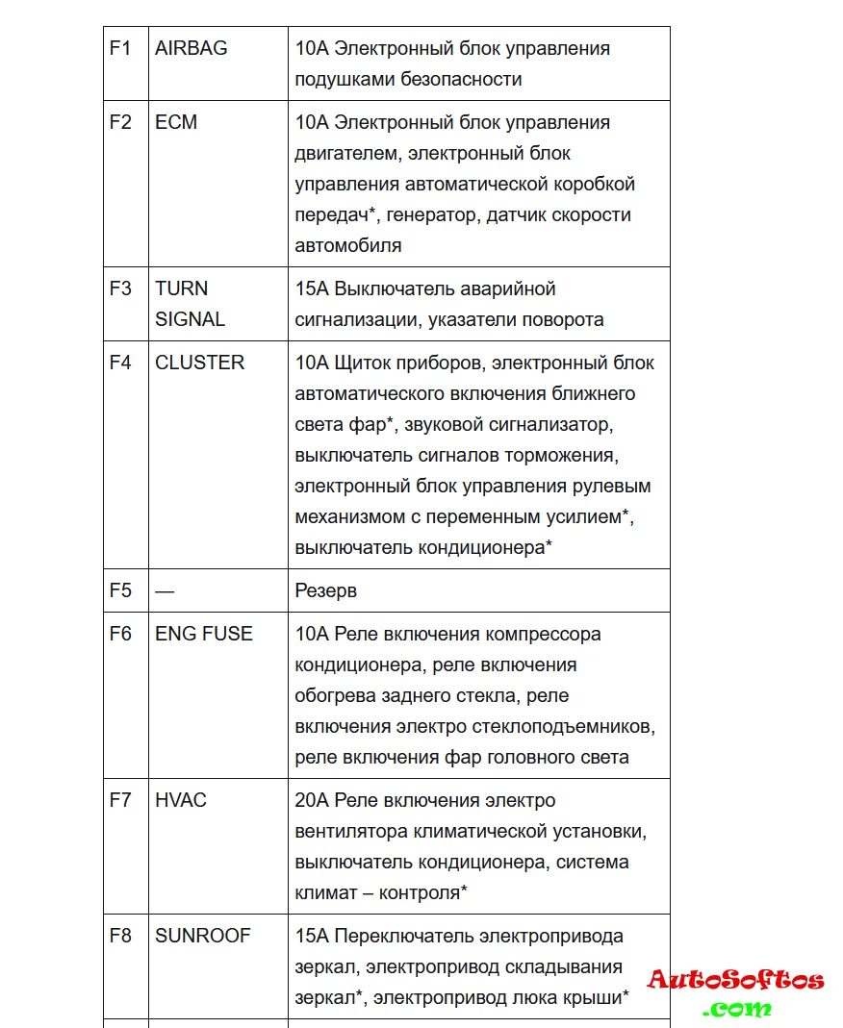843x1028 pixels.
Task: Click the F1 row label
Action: (120, 48)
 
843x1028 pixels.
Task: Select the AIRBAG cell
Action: (192, 48)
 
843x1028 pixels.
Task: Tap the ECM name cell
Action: (176, 122)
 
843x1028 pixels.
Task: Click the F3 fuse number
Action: (120, 288)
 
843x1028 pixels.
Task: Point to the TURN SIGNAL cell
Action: (190, 304)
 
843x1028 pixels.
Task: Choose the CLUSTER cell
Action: (200, 363)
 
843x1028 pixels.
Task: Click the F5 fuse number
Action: (120, 590)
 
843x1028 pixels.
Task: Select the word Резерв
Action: (325, 590)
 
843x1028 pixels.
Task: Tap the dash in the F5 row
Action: (165, 590)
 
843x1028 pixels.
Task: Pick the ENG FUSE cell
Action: (204, 634)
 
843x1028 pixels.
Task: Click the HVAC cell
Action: (181, 800)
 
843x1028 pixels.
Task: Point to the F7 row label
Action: (120, 800)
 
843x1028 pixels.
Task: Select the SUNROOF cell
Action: (202, 936)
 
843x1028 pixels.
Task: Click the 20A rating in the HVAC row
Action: (312, 800)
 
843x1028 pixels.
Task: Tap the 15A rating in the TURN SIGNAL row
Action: (312, 288)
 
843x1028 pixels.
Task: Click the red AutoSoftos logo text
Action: (736, 981)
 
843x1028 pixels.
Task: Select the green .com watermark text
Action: (737, 1009)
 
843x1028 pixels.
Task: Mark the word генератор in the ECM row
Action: (431, 214)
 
